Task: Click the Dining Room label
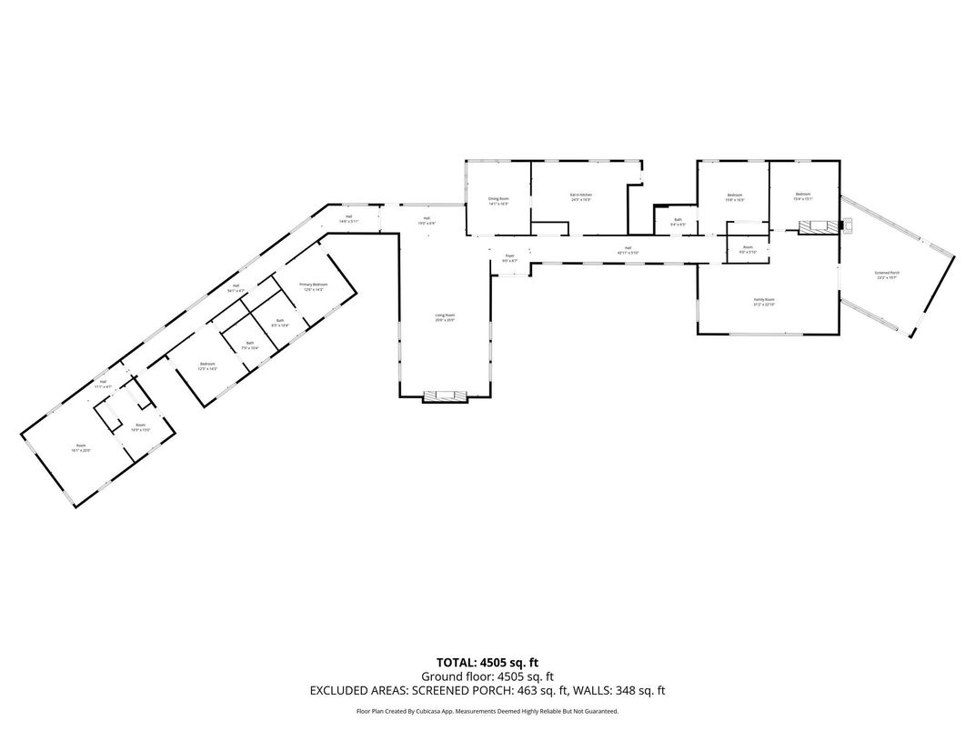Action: (x=498, y=201)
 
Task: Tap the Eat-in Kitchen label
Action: (x=581, y=197)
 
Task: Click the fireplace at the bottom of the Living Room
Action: (x=446, y=395)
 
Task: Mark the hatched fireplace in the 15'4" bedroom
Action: (x=816, y=227)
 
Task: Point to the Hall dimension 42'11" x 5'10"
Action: (x=628, y=252)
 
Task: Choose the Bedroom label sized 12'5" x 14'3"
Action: (x=207, y=366)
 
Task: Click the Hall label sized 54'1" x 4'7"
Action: (x=236, y=288)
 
